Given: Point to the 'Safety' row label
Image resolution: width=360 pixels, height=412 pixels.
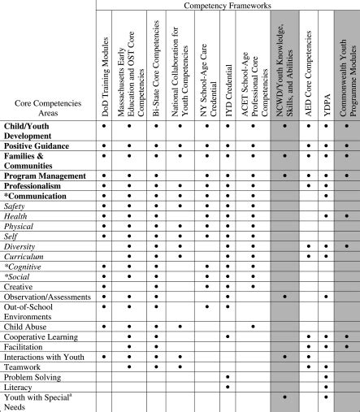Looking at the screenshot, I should [16, 208].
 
